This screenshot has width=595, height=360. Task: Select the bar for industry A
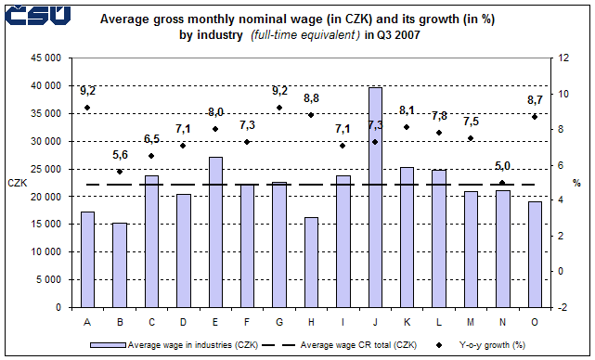pyautogui.click(x=87, y=259)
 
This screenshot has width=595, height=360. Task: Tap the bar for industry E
pyautogui.click(x=215, y=231)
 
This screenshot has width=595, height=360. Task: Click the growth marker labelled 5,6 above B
pyautogui.click(x=119, y=172)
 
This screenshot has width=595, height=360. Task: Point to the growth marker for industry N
pyautogui.click(x=503, y=183)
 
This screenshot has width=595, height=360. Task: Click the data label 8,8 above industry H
pyautogui.click(x=311, y=98)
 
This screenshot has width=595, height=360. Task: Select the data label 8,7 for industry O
pyautogui.click(x=535, y=99)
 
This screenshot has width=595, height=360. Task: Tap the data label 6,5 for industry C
pyautogui.click(x=151, y=139)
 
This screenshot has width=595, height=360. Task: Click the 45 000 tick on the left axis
pyautogui.click(x=45, y=58)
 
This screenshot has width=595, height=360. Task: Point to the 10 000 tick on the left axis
pyautogui.click(x=45, y=251)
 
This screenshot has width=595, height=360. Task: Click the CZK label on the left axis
pyautogui.click(x=18, y=183)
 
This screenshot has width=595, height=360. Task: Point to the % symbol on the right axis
pyautogui.click(x=576, y=183)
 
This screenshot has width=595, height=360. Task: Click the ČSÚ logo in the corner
pyautogui.click(x=37, y=16)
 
